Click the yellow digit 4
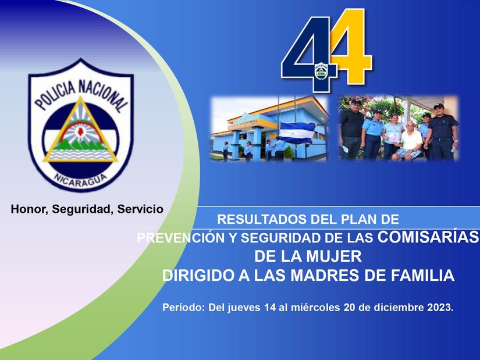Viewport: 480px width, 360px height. tap(350, 49)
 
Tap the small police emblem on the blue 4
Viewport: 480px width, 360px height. tap(321, 72)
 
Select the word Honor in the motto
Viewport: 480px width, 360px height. tap(28, 208)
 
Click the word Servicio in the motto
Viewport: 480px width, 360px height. tap(140, 208)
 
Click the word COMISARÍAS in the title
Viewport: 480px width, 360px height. tap(428, 237)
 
